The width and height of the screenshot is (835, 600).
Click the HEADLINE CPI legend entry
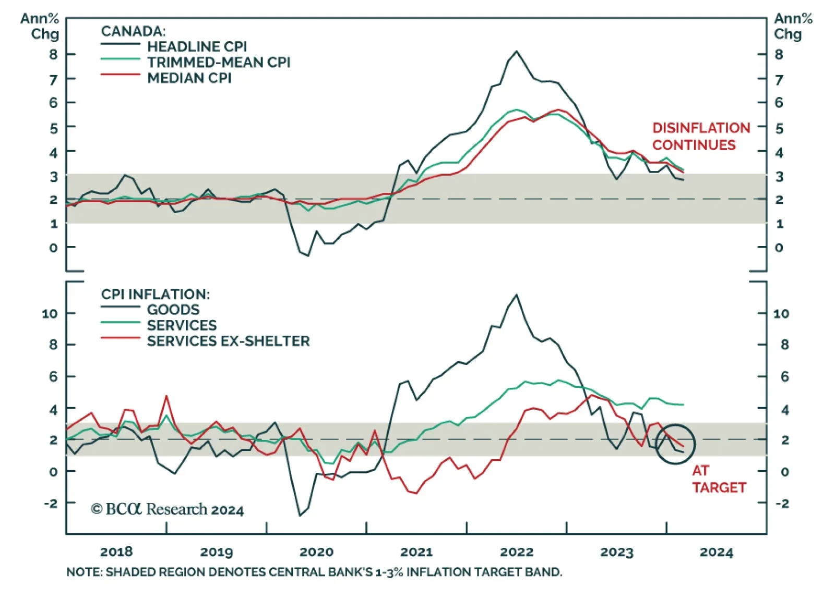tap(197, 46)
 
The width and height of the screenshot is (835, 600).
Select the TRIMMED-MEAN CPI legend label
tap(218, 62)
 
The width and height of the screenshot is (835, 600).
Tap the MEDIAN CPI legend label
tap(189, 78)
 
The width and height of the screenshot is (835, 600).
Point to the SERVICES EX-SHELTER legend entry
tap(228, 341)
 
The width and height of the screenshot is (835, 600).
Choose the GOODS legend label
tap(173, 310)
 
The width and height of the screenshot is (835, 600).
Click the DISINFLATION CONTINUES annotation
tap(701, 137)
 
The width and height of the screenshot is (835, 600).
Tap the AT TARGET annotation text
tap(719, 479)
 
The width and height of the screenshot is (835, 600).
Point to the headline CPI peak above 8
tap(517, 51)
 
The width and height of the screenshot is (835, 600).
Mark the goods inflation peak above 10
tap(517, 295)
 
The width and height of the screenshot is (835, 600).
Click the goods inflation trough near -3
tap(300, 516)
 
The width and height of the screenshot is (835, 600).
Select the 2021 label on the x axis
tap(416, 552)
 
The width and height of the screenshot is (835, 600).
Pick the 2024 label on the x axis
tap(717, 552)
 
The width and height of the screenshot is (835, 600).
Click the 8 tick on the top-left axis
tap(53, 54)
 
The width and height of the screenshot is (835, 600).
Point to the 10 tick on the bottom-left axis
tap(50, 314)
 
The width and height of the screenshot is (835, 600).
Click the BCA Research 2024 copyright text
tap(168, 509)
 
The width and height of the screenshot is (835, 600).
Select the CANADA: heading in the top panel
tap(133, 31)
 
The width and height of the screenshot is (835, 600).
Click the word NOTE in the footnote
tap(83, 572)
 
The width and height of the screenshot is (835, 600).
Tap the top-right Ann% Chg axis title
tap(793, 26)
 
